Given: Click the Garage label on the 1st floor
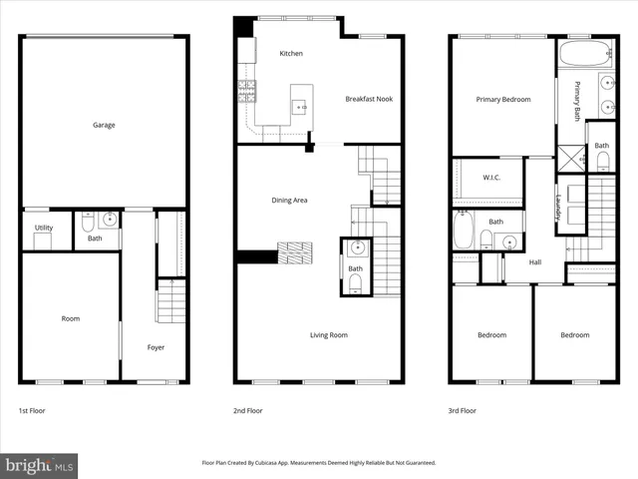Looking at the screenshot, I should point(104,126).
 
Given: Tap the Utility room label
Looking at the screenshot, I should point(44,228).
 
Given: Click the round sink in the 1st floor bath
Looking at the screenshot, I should point(109,221).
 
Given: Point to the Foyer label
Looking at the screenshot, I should point(157,347).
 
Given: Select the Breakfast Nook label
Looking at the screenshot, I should point(367,99).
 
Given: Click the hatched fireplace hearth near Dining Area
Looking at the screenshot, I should point(296,253).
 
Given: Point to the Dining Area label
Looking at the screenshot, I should point(289,201).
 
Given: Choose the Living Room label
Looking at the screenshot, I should point(328,335).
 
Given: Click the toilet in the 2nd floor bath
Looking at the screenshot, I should point(356,282).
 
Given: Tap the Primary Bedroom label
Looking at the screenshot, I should point(502,100).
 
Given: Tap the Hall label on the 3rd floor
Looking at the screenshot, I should point(535,262).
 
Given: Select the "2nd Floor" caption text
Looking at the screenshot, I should point(248,410).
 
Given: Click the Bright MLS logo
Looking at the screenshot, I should point(40,465).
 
